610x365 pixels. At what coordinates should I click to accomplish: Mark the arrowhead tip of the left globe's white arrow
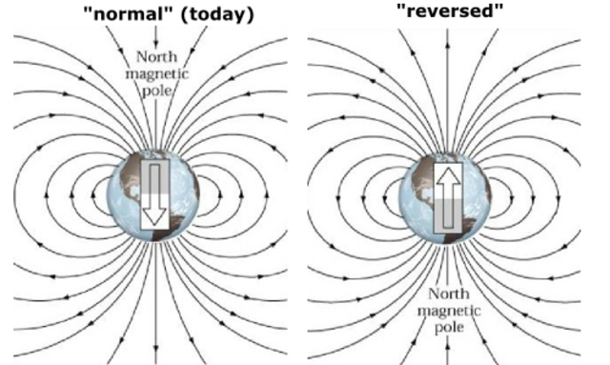153,225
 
